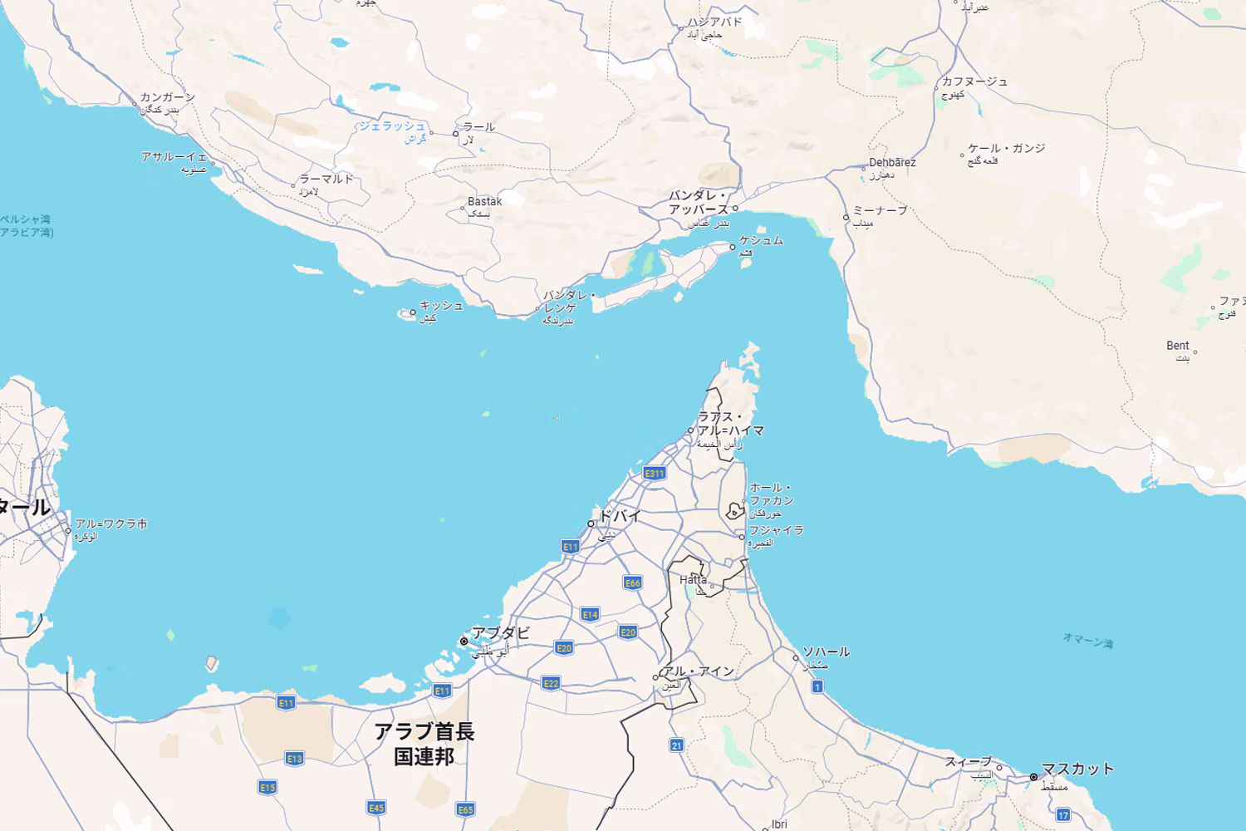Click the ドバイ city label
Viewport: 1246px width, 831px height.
point(619,516)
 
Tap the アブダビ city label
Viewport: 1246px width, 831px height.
point(500,633)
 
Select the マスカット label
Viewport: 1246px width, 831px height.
point(1077,769)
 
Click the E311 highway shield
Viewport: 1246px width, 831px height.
point(655,474)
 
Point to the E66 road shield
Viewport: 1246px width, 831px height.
point(632,583)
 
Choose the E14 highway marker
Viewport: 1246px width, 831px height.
point(590,615)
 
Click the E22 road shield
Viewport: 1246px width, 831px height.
point(551,683)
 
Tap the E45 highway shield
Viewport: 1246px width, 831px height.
point(376,808)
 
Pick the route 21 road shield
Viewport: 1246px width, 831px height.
point(677,745)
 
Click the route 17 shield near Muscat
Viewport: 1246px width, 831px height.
point(1063,815)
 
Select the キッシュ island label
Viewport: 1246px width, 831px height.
point(441,306)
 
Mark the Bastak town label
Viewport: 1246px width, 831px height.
point(484,201)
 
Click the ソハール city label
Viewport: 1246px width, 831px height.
point(826,652)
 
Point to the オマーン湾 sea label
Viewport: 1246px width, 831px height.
point(1087,641)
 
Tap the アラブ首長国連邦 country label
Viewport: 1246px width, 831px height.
point(424,744)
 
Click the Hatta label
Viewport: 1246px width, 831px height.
point(693,580)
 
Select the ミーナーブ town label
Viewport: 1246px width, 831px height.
point(880,210)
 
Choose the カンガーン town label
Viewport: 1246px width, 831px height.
point(167,97)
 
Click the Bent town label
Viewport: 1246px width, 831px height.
point(1177,346)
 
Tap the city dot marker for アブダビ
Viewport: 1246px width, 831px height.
point(464,642)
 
